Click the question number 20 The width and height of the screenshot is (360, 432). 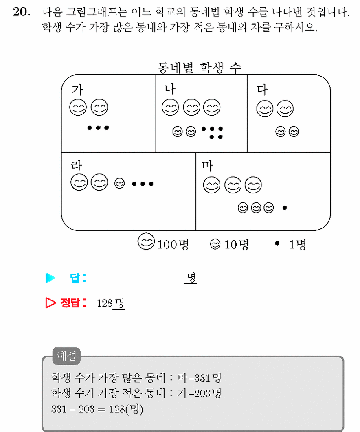click(22, 12)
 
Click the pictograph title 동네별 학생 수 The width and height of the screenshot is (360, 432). click(199, 68)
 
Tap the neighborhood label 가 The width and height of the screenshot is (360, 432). click(77, 89)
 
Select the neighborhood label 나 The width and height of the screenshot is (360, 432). click(170, 89)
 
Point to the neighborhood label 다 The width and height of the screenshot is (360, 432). click(262, 90)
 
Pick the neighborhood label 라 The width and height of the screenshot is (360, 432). click(76, 166)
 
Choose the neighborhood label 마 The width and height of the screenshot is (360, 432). click(208, 166)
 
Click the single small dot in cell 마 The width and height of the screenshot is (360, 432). click(285, 208)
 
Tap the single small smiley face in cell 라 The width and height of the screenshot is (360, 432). click(119, 183)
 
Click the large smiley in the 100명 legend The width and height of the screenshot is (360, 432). click(146, 241)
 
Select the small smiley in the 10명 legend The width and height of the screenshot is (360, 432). click(215, 244)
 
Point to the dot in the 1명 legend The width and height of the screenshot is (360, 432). click(277, 243)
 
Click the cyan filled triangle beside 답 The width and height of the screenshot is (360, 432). click(50, 278)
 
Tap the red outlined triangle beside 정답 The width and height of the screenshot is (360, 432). click(50, 303)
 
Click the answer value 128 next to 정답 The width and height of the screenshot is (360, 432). click(105, 303)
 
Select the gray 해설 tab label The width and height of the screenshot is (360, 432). click(66, 356)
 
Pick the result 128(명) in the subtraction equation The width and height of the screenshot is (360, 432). click(126, 409)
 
